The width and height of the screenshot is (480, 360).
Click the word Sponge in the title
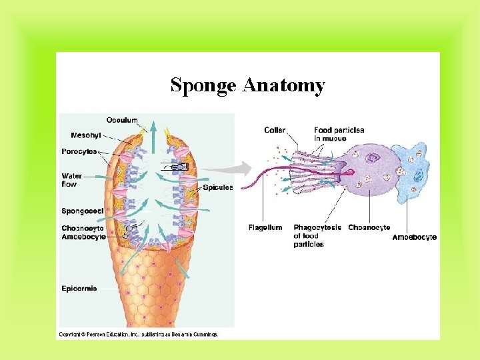[203, 86]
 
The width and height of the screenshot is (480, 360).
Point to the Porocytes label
[79, 151]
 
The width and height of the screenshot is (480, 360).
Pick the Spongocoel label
[83, 211]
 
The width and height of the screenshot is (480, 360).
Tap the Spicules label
[217, 187]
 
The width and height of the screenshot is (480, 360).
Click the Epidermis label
[79, 289]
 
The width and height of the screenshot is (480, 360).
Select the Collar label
[275, 130]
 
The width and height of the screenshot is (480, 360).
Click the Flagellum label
[265, 227]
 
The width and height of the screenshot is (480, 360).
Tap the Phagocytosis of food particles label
[317, 235]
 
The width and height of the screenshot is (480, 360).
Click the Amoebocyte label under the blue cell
[414, 237]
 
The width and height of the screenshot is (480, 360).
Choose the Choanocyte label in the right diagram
[369, 227]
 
